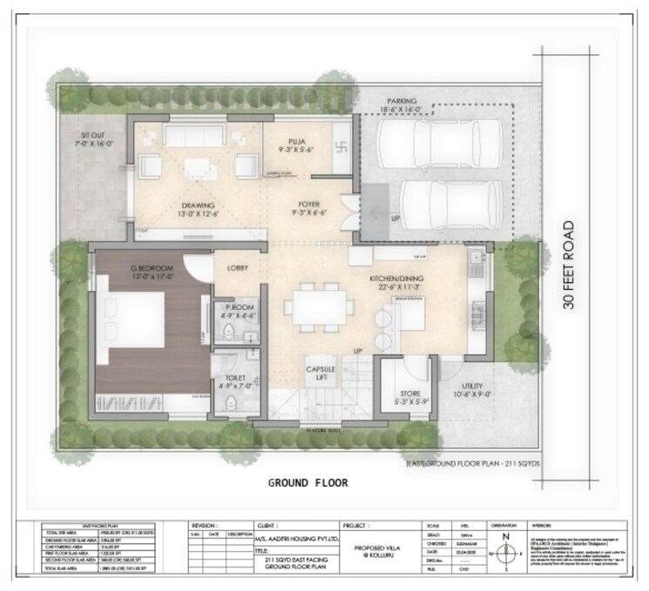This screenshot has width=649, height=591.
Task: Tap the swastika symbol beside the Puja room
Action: [341, 141]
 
